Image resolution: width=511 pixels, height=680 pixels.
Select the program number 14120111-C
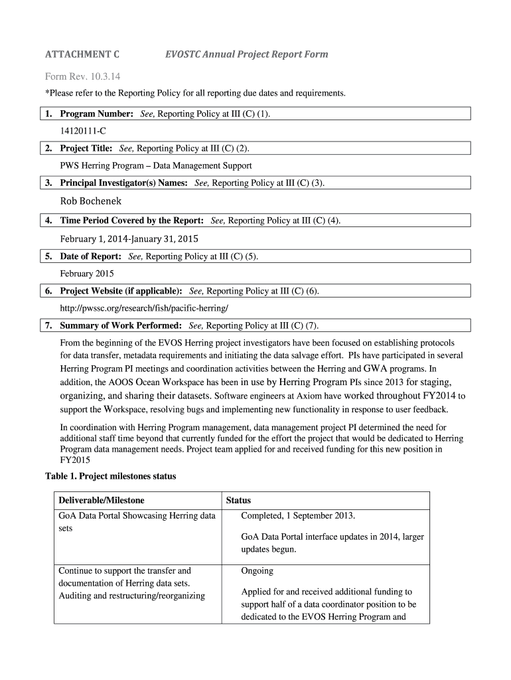pos(83,131)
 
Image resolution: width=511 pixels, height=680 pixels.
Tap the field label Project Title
pos(86,148)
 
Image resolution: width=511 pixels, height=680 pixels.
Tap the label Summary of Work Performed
pos(121,326)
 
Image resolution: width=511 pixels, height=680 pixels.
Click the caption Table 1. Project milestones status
pos(110,476)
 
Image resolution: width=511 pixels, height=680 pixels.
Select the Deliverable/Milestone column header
pos(101,500)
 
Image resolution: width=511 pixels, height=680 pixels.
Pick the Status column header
pos(238,500)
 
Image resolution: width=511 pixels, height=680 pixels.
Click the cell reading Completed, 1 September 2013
pos(298,515)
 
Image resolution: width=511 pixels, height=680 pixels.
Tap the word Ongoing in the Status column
pos(257,570)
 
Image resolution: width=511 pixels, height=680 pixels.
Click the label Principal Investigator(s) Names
pos(123,183)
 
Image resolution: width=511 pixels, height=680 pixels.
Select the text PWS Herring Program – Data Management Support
pos(156,165)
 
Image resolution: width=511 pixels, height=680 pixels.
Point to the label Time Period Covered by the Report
pos(131,220)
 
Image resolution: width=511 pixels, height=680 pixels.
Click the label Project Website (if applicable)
pos(121,291)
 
